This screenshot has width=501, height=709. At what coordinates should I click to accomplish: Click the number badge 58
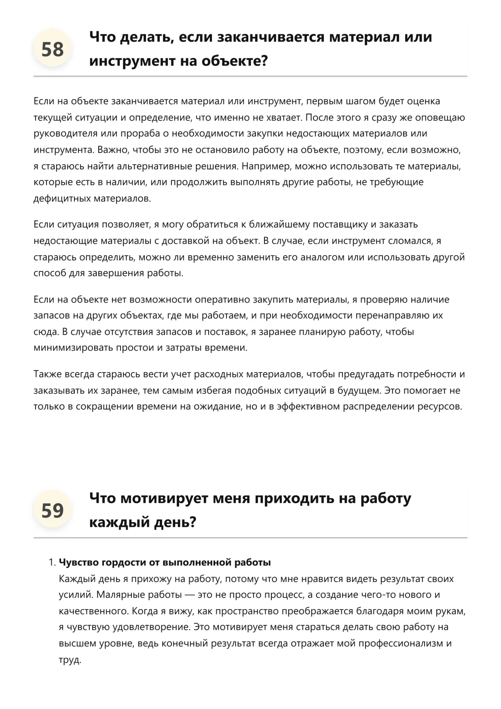click(x=53, y=49)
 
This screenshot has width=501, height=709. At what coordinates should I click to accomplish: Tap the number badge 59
click(x=53, y=510)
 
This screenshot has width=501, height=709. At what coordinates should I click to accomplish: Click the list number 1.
click(x=51, y=563)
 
